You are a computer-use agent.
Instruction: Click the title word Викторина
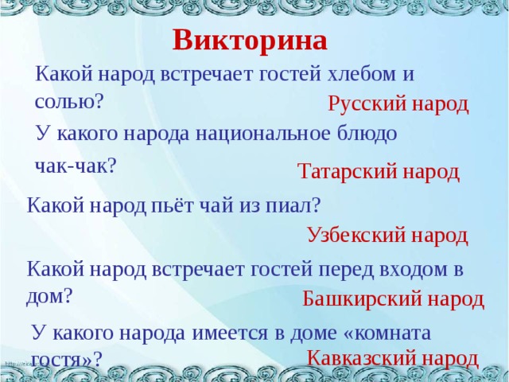(x=250, y=40)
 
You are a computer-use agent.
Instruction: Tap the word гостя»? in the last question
(x=67, y=359)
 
